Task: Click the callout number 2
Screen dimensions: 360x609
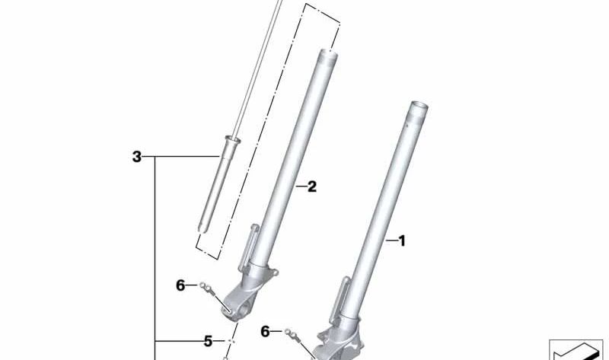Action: [x=311, y=186]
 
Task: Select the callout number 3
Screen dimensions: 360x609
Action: [x=137, y=158]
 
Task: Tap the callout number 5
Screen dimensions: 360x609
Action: [x=207, y=340]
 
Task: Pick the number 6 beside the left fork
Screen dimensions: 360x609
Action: [x=180, y=285]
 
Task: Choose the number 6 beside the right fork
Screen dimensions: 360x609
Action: [x=265, y=331]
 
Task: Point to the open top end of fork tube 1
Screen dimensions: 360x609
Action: [x=422, y=106]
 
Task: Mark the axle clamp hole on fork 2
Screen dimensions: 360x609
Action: [x=229, y=309]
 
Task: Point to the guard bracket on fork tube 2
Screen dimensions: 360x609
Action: [x=250, y=244]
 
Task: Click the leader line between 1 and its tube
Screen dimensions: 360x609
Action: [x=390, y=241]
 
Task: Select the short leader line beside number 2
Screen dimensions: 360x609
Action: [x=298, y=186]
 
